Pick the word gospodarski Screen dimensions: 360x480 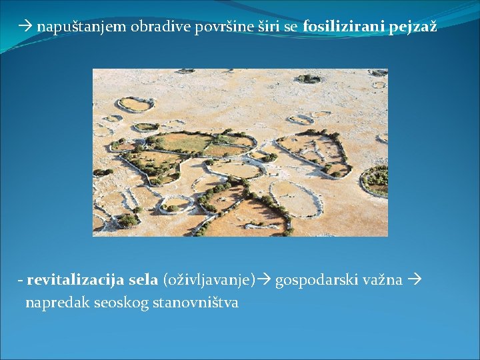click(x=317, y=280)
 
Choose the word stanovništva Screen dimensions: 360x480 click(x=195, y=302)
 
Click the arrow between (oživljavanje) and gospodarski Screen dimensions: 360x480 click(x=264, y=280)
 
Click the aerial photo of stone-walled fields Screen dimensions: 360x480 click(x=240, y=152)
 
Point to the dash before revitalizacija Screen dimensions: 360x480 click(x=21, y=280)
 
